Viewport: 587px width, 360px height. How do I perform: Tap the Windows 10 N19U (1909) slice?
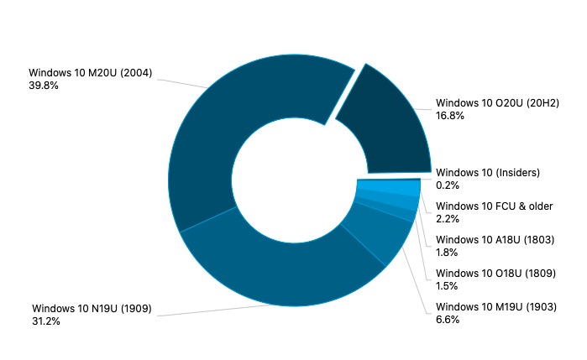tap(277, 269)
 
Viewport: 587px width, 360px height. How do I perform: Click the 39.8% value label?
tap(44, 86)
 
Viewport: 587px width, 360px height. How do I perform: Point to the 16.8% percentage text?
tap(450, 116)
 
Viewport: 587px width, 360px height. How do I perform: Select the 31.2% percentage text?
tap(46, 321)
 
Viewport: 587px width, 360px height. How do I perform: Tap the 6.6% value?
tap(448, 320)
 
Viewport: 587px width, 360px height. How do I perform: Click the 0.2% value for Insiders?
tap(448, 185)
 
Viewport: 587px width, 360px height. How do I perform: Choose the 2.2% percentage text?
tap(448, 219)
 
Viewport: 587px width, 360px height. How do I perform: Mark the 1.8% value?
tap(448, 253)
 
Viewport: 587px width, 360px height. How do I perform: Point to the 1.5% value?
tap(448, 286)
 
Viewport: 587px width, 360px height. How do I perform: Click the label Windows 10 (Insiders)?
tap(488, 173)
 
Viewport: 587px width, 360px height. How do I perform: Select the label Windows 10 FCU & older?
tap(494, 206)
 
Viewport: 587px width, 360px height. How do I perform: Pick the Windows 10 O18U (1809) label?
tap(496, 274)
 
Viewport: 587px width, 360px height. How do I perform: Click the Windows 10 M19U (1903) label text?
tap(496, 307)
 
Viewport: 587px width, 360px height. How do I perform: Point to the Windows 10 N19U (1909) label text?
tap(92, 308)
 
